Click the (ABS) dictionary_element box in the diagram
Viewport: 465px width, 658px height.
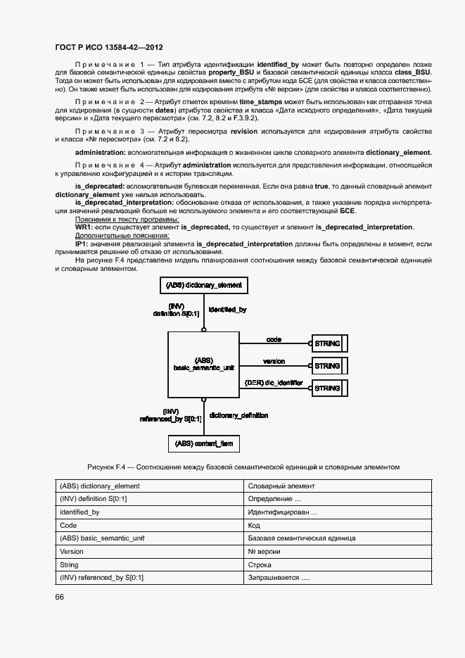(203, 285)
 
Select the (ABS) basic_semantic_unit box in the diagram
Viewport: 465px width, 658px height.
(203, 365)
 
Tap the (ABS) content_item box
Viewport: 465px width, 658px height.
(203, 444)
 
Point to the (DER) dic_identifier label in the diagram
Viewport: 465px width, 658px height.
(274, 383)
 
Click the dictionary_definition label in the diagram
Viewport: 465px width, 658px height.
(238, 415)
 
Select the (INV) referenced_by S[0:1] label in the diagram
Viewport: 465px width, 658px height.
(171, 415)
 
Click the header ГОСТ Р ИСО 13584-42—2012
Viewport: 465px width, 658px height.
(109, 48)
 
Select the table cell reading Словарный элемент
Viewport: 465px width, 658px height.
(281, 486)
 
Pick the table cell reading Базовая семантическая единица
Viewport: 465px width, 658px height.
(301, 538)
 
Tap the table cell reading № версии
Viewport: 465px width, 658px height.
(265, 552)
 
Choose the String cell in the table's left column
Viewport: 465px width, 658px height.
(69, 565)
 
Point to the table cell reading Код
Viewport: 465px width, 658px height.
(254, 526)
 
